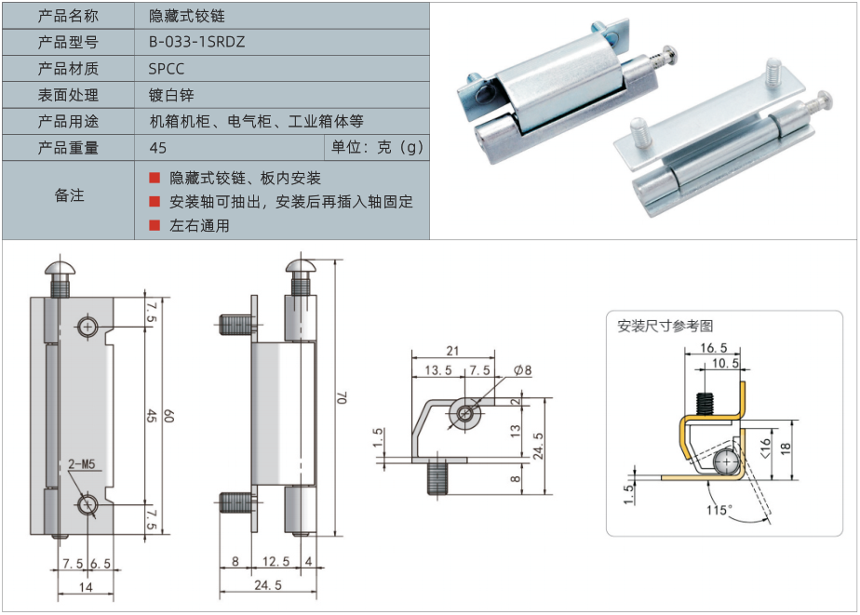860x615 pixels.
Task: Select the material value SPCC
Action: click(167, 69)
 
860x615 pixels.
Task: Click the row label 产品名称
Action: click(68, 16)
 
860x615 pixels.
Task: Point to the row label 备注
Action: click(68, 195)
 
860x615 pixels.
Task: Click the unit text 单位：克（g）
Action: click(377, 148)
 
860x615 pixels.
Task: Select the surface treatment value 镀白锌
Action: click(170, 95)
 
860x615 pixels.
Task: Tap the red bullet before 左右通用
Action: click(155, 225)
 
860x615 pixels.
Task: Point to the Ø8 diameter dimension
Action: click(522, 369)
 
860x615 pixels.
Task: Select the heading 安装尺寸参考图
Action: click(665, 326)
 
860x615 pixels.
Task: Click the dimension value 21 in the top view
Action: click(453, 351)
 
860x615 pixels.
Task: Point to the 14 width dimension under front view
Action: click(86, 587)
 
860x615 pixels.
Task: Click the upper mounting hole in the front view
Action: click(87, 327)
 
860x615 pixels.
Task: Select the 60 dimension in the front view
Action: click(168, 416)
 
